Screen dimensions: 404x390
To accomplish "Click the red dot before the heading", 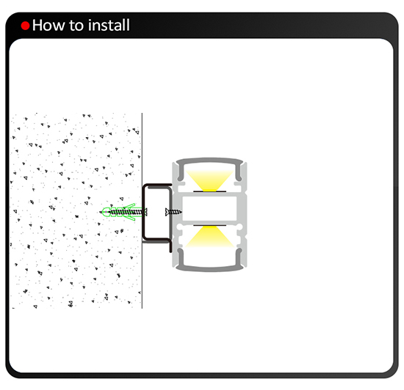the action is (x=25, y=26).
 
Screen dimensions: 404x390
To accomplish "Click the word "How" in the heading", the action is (x=48, y=25).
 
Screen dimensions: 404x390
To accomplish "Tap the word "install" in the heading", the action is (x=109, y=25).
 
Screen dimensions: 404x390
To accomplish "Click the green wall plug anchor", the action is (x=122, y=212).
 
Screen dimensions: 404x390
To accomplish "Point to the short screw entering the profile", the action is (x=173, y=212).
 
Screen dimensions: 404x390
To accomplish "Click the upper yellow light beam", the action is (x=209, y=180).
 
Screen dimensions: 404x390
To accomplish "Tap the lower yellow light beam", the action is (x=209, y=237).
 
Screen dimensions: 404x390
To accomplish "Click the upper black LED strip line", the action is (x=209, y=191).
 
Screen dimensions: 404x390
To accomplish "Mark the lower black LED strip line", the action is (x=209, y=226).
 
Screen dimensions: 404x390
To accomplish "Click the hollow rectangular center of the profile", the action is (x=209, y=208).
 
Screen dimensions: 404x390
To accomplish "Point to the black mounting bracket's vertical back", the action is (x=144, y=212).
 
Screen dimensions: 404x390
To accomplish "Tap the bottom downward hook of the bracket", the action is (x=170, y=247).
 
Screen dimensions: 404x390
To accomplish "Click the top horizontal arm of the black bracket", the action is (x=158, y=185).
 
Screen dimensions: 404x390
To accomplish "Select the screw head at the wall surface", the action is (x=145, y=212).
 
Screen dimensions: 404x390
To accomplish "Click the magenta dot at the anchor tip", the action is (x=106, y=212).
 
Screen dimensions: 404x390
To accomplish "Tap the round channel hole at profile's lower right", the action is (x=239, y=227).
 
